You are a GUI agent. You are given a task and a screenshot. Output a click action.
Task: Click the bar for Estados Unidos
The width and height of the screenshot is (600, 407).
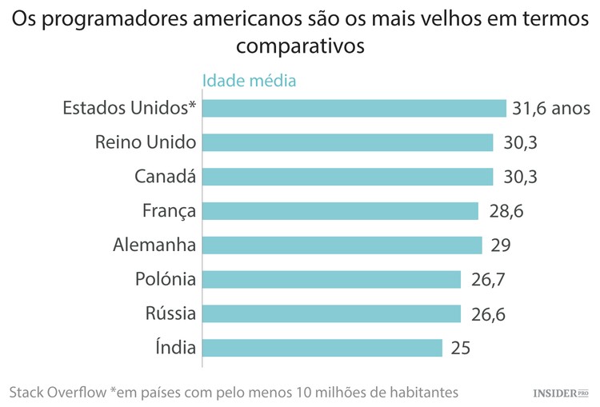(354, 108)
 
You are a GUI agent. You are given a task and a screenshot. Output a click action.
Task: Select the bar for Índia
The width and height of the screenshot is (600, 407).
(322, 348)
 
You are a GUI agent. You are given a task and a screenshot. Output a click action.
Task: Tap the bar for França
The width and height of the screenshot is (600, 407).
(340, 211)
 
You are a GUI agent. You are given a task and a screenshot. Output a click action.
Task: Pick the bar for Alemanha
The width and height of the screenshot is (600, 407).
(342, 245)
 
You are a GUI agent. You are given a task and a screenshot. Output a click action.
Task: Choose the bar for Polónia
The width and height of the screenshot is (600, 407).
(331, 279)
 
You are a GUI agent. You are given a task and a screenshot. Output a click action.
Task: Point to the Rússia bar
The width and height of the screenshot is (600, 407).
(331, 313)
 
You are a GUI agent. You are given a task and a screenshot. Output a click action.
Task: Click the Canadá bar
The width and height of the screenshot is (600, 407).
(347, 177)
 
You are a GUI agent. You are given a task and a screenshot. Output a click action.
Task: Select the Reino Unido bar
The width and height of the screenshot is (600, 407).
(347, 142)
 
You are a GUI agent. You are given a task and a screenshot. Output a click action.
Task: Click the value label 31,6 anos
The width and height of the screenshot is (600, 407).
(551, 109)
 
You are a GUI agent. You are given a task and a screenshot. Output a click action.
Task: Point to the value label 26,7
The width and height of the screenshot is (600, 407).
(488, 279)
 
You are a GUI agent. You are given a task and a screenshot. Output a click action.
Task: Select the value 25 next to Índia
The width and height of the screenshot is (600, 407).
(459, 348)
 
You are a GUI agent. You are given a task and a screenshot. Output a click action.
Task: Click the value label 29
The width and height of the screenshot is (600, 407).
(501, 245)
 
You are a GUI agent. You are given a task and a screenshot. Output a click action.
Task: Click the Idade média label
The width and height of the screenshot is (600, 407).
(250, 81)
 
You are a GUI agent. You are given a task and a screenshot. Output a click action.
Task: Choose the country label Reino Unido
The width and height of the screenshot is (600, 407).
(145, 142)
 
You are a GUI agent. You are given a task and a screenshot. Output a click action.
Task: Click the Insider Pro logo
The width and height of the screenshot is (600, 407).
(561, 393)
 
